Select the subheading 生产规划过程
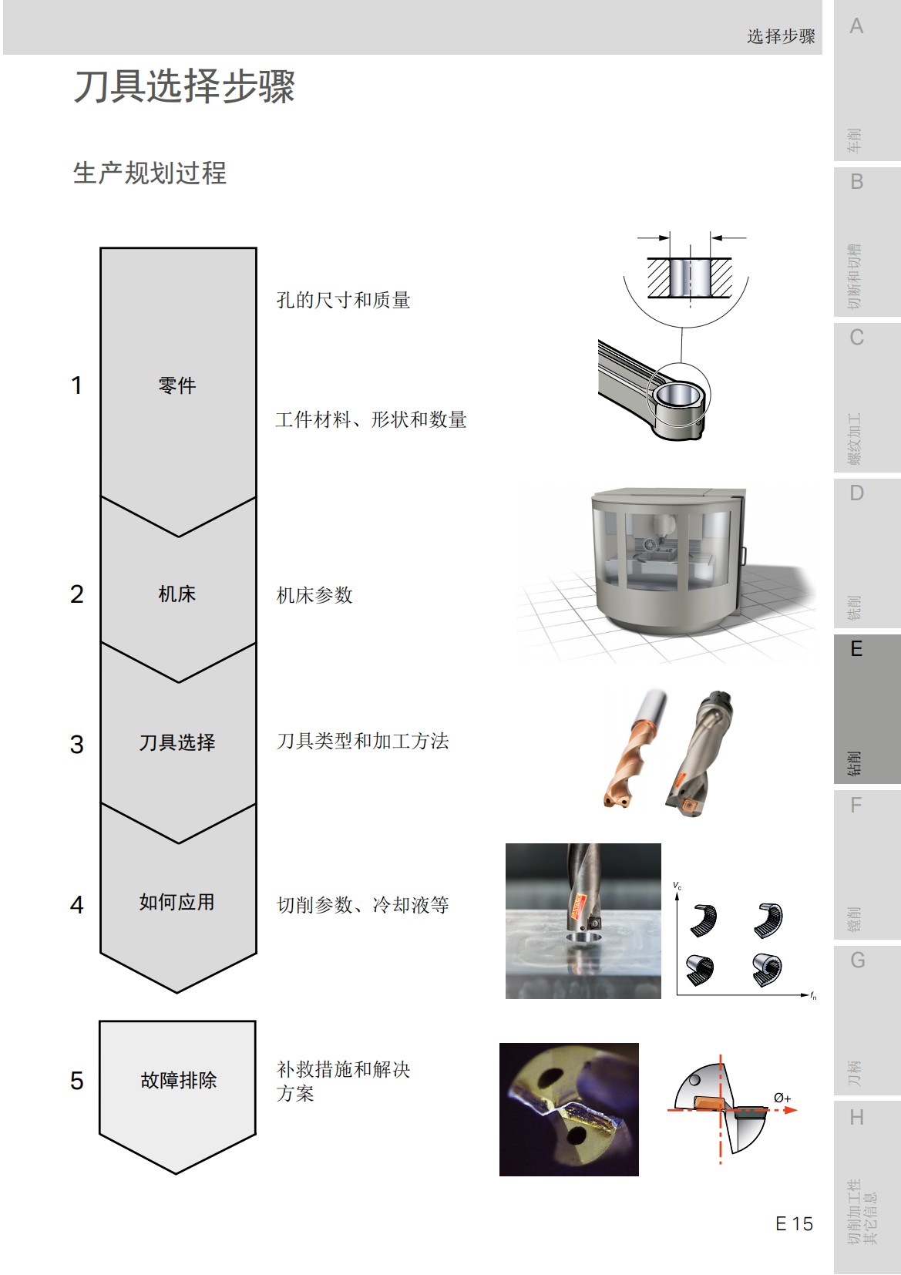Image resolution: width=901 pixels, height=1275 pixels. (150, 173)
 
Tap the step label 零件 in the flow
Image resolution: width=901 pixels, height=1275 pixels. (177, 385)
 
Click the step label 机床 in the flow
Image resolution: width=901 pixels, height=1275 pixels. (177, 594)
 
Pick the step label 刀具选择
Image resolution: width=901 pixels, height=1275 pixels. (177, 742)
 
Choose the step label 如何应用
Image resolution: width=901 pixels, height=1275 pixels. (177, 902)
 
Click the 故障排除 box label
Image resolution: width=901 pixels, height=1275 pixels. (178, 1080)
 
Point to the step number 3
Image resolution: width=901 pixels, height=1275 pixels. (76, 745)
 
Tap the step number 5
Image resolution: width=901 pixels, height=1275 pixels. (76, 1081)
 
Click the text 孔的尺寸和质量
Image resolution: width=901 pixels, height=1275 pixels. (343, 300)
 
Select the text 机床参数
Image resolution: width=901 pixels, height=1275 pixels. (314, 595)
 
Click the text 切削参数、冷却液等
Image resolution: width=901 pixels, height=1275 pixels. (362, 904)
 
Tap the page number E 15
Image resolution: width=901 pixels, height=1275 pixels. (794, 1223)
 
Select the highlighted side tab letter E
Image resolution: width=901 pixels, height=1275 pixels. (856, 649)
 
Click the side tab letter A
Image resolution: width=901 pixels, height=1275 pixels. (856, 27)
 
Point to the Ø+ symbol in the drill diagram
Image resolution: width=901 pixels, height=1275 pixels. (782, 1098)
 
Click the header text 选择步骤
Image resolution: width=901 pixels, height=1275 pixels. (781, 36)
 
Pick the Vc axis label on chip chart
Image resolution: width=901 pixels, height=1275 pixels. (677, 886)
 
